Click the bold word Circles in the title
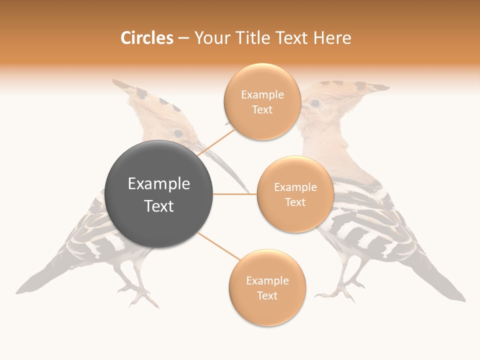[146, 38]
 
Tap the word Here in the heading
[332, 38]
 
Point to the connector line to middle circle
[235, 194]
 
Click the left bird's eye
[177, 133]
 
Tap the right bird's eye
[315, 103]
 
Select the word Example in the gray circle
[159, 184]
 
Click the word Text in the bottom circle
[267, 295]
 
